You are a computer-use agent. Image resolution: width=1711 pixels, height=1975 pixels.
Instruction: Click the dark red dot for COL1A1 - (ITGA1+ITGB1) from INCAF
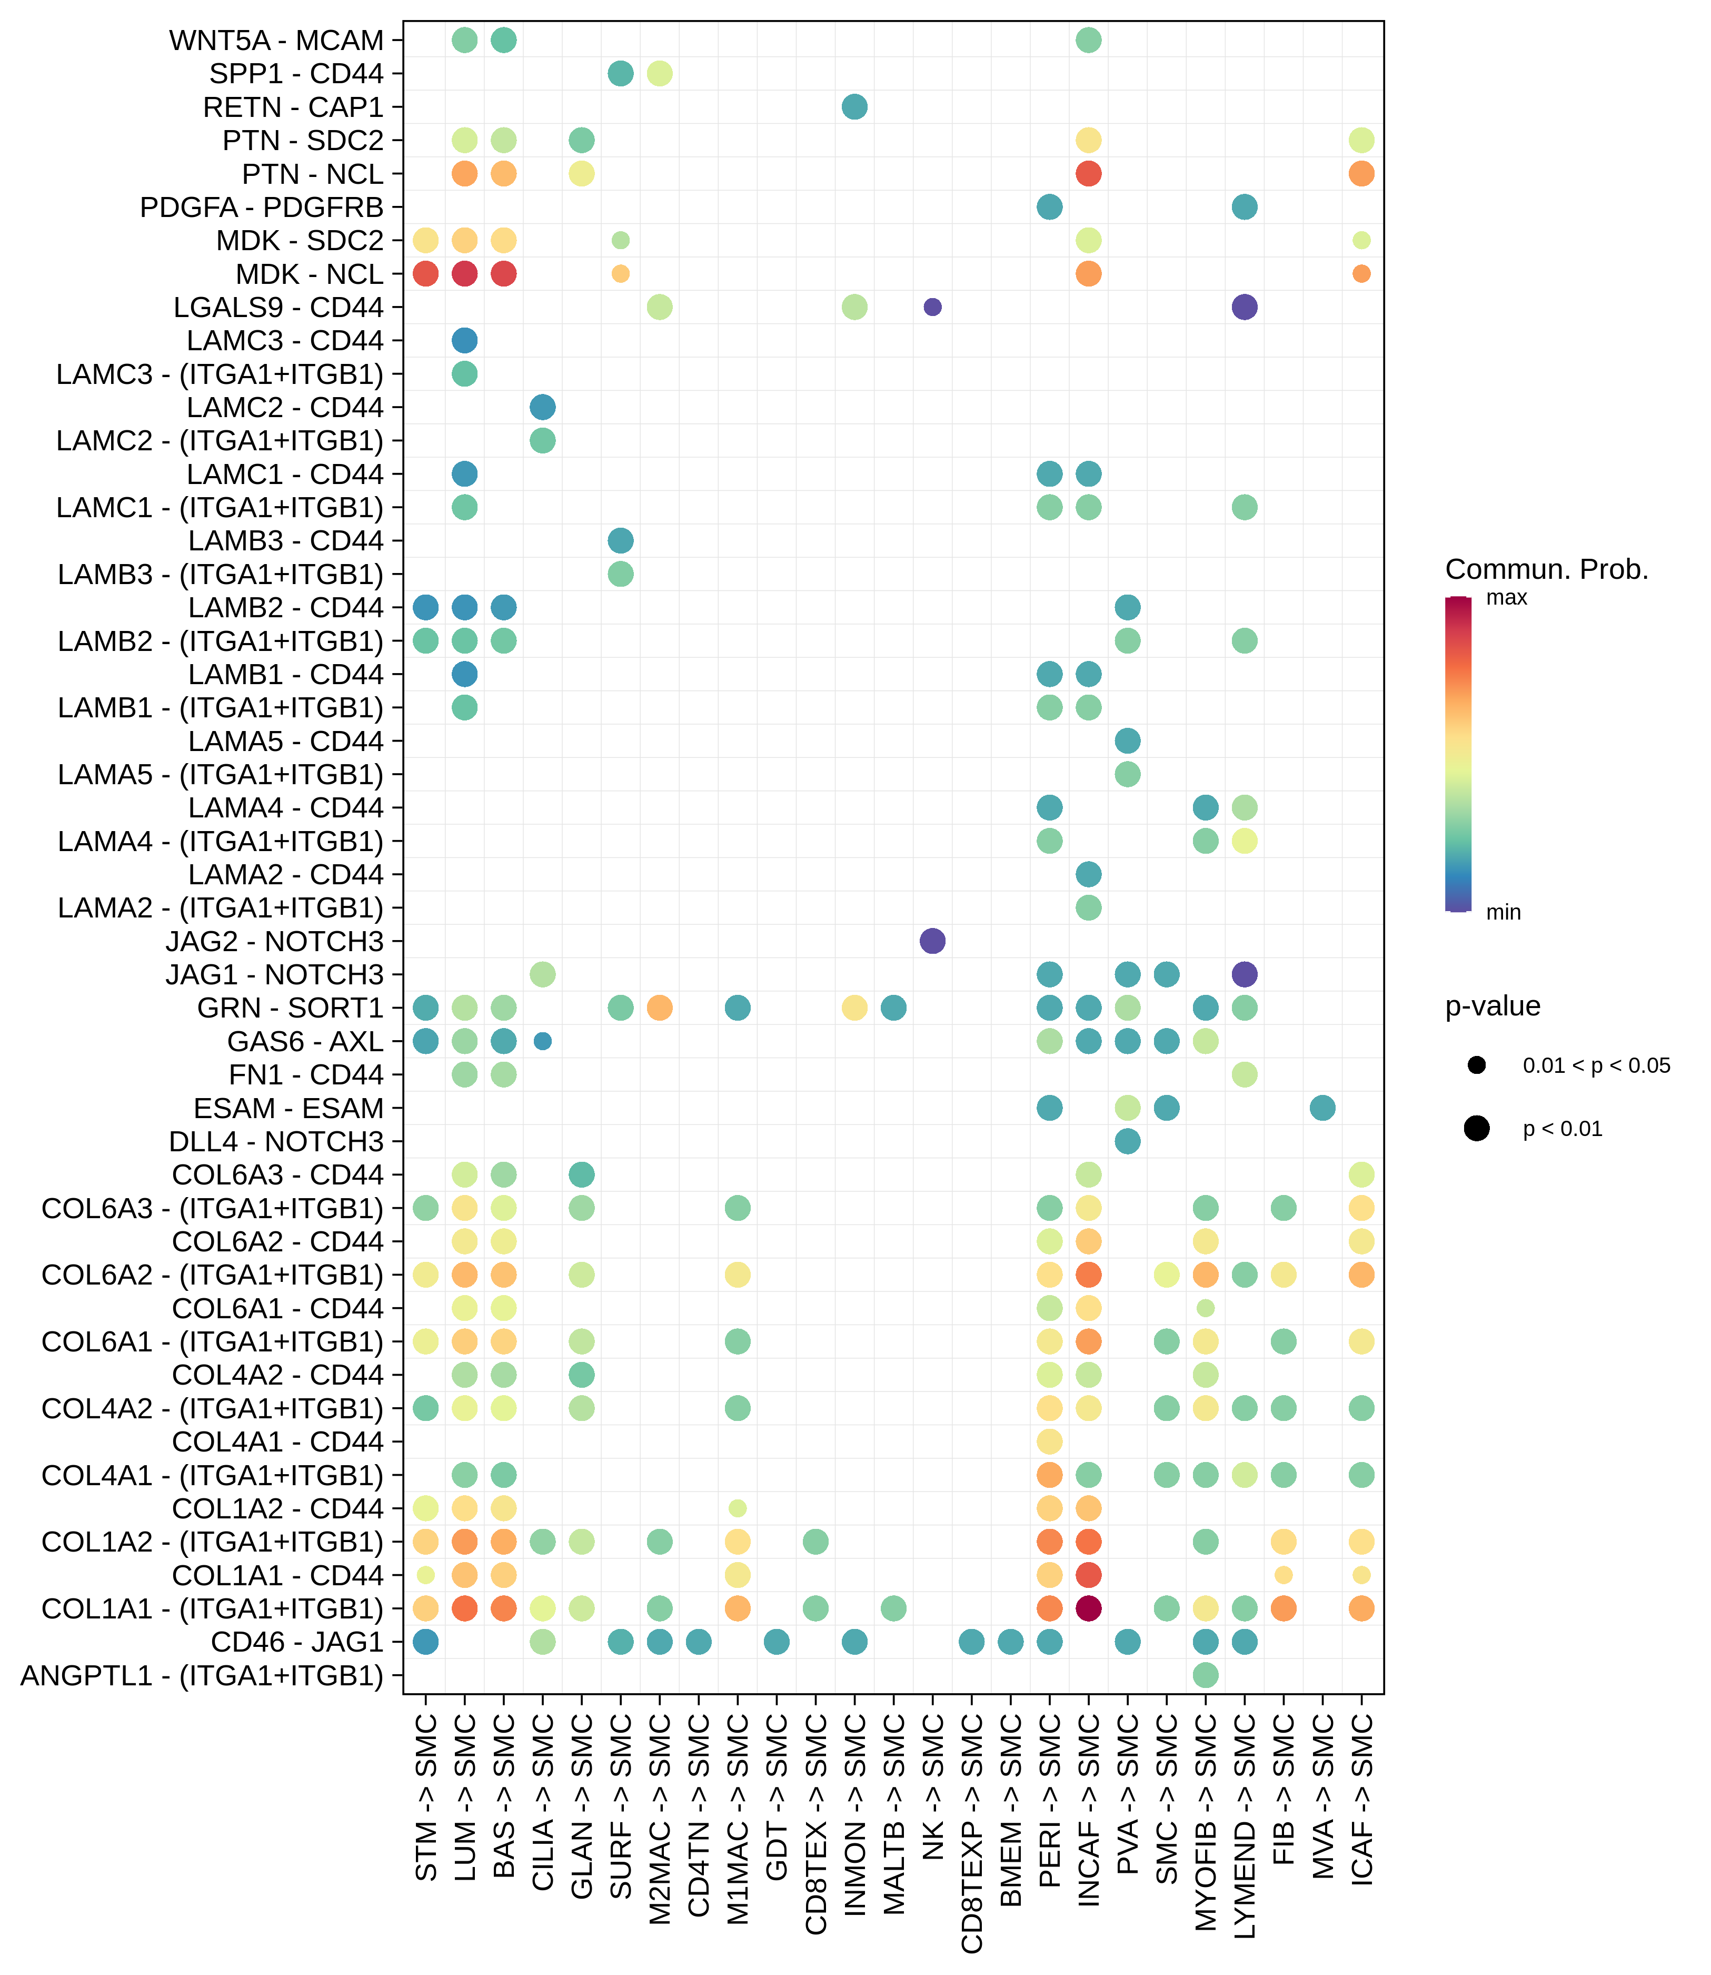pos(1089,1608)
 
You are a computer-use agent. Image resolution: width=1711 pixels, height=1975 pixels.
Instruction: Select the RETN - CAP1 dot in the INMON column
pos(854,107)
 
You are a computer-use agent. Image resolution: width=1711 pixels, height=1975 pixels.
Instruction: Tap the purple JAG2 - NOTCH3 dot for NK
pos(933,941)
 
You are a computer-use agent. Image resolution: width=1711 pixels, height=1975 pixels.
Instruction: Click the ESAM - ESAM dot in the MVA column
pos(1322,1108)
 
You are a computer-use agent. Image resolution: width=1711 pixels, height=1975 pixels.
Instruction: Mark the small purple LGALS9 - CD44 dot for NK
pos(933,307)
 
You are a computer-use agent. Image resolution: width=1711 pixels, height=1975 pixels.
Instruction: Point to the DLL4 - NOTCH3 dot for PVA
pos(1128,1141)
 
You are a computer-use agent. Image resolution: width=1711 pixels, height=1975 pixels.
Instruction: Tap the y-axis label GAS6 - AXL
pos(305,1041)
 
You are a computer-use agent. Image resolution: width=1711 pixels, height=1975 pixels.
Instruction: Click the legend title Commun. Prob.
pos(1547,569)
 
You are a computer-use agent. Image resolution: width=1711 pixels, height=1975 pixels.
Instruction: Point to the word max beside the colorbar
pos(1507,598)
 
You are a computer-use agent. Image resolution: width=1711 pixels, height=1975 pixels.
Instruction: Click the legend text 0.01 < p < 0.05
pos(1596,1066)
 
